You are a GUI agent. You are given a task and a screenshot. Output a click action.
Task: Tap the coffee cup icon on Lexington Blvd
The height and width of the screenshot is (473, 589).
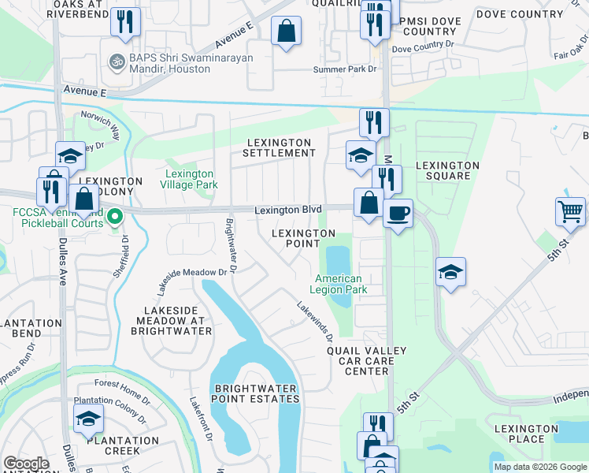pyautogui.click(x=398, y=212)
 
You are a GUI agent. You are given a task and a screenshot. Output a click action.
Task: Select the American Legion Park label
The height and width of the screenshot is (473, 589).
pyautogui.click(x=339, y=284)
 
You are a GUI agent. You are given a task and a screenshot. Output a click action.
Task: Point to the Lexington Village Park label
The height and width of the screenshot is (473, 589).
pyautogui.click(x=189, y=179)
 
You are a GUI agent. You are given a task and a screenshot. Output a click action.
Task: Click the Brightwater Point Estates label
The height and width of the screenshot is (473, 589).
pyautogui.click(x=257, y=393)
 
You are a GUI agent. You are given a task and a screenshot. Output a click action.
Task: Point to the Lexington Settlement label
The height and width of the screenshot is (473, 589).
pyautogui.click(x=280, y=147)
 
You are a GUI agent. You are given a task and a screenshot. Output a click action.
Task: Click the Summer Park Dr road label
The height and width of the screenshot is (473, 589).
pyautogui.click(x=345, y=70)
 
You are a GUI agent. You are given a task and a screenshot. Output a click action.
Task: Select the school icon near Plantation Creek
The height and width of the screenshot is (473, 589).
pyautogui.click(x=89, y=420)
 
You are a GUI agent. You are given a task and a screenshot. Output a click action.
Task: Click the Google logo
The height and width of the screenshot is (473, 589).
pyautogui.click(x=26, y=464)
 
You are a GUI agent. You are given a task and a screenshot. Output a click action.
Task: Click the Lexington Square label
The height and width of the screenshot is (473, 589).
pyautogui.click(x=447, y=170)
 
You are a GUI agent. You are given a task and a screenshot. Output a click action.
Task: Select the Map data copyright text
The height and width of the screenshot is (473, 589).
pyautogui.click(x=540, y=467)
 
